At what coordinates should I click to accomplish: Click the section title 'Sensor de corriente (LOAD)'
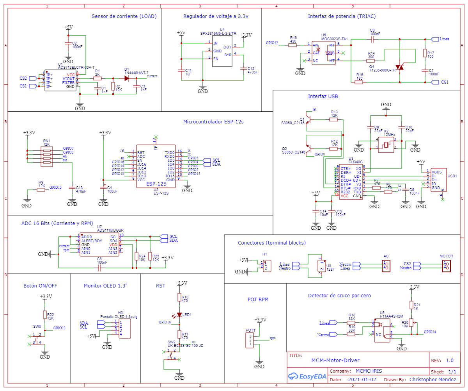124,16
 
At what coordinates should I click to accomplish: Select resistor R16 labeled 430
293,45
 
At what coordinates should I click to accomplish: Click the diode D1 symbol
127,78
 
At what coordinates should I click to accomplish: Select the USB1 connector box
439,180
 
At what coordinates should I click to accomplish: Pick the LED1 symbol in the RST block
179,314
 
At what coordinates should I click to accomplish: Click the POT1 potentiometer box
250,340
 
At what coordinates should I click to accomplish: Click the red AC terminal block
386,266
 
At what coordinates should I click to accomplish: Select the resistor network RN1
47,156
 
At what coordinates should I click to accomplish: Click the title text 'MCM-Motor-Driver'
335,361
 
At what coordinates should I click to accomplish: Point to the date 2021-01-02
362,380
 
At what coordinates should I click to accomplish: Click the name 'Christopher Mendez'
433,380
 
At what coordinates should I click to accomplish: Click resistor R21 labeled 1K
411,305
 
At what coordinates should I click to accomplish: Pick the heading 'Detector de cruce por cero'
339,296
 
